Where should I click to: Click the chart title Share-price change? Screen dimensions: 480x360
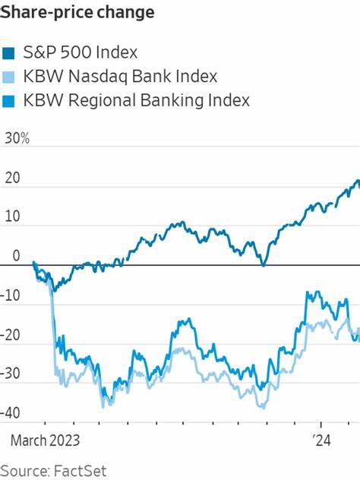point(78,13)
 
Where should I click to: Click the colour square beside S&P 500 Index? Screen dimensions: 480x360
point(8,53)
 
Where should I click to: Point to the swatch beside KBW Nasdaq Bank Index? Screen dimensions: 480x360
point(8,77)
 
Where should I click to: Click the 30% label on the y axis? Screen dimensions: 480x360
point(16,139)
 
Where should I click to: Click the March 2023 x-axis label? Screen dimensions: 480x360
point(44,439)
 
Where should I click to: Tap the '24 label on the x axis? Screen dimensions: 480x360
point(322,439)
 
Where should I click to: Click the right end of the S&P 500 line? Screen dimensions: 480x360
point(358,182)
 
